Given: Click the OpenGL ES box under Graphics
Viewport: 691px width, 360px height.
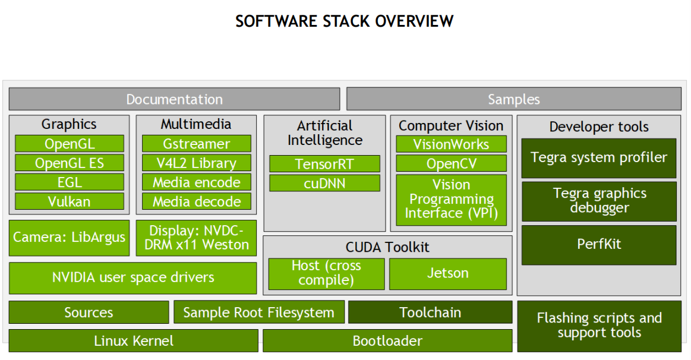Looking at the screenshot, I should (70, 163).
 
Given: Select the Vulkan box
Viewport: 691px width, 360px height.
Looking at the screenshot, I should (70, 201).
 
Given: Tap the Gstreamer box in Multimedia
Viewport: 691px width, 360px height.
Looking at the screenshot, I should (196, 144).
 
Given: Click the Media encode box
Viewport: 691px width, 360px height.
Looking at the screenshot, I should (196, 182).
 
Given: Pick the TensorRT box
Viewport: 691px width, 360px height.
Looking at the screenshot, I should (324, 164).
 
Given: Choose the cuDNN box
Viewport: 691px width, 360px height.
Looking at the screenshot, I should (324, 183).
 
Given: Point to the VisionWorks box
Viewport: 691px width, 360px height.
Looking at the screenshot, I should (451, 144).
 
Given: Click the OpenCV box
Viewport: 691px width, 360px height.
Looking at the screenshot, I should (451, 163).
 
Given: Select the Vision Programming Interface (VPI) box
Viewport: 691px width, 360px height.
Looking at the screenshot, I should (451, 200).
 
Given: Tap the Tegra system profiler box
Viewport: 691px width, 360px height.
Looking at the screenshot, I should (598, 158).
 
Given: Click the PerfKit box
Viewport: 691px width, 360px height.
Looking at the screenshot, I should (598, 244).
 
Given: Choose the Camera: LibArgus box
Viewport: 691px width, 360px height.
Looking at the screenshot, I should (69, 238).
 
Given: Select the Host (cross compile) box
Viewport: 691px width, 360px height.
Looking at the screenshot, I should (326, 273).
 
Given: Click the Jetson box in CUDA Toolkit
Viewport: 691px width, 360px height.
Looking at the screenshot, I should (447, 273).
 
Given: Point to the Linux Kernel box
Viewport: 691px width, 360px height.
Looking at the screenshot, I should (134, 341).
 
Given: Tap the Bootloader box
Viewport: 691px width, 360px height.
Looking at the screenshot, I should (387, 341).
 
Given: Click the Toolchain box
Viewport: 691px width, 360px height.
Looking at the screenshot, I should (430, 312).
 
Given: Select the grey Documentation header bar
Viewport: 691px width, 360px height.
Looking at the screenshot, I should (174, 99).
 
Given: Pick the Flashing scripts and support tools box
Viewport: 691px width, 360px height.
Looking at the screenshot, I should (599, 326).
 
